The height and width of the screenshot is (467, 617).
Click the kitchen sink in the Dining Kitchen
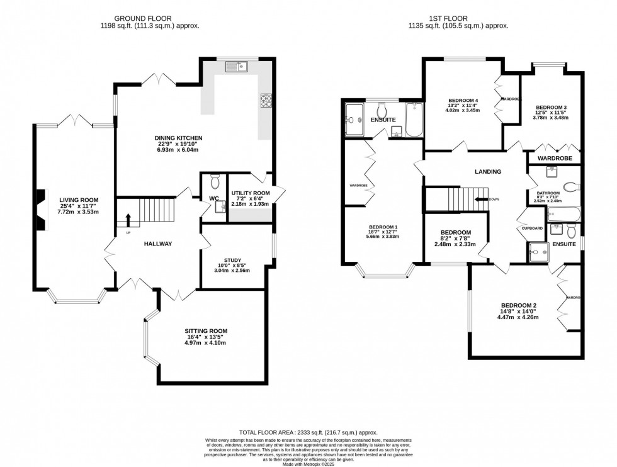pos(237,65)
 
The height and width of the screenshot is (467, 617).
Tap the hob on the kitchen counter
pos(265,100)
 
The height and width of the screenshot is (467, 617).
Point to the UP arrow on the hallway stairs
pos(128,220)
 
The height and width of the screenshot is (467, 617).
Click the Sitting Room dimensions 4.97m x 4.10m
pos(205,342)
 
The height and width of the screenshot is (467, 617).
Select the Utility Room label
pos(250,194)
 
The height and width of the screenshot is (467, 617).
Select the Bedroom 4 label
pos(463,101)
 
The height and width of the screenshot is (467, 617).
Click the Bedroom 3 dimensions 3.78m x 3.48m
pos(551,117)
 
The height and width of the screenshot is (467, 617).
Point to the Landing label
pos(488,172)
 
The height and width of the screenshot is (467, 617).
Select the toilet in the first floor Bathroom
pos(571,187)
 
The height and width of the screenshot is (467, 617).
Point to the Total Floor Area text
pos(308,432)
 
